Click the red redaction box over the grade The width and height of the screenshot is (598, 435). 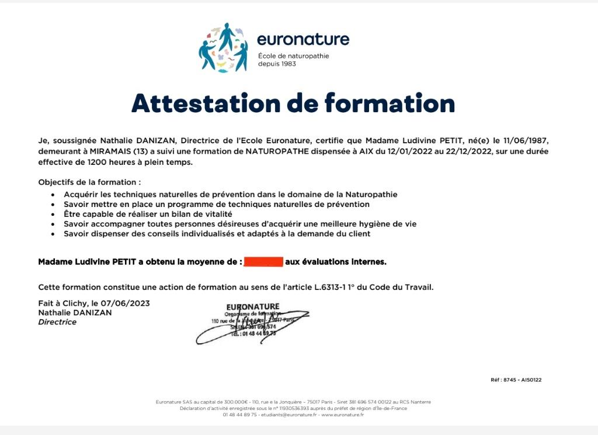tap(263, 262)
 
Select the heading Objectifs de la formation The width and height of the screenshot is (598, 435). tap(89, 182)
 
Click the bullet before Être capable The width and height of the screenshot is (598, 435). tap(53, 215)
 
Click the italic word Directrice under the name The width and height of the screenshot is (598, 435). tap(57, 322)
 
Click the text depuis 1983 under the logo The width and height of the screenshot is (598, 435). tap(277, 64)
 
